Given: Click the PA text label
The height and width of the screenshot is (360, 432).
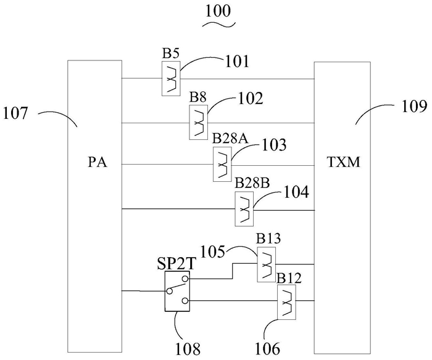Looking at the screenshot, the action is point(98,163).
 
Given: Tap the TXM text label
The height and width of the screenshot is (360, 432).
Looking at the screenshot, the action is point(344,162).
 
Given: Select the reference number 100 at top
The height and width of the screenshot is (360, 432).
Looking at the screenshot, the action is point(218,12).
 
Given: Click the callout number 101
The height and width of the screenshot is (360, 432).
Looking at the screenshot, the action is point(237,62).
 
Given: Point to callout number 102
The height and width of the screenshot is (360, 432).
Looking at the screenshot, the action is point(251,99).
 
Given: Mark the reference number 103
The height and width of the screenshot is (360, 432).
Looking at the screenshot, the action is point(274,145).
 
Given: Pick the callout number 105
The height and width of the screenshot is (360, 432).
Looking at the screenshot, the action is point(213,252).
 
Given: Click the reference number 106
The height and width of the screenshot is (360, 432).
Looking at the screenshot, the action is point(267,349).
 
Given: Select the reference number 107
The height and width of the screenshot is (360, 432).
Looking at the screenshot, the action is point(15,113).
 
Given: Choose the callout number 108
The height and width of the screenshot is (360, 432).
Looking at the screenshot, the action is point(188,349).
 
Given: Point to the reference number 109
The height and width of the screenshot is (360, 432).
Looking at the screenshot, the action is point(414,106).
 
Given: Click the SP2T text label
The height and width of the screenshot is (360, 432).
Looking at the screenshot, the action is point(176,264).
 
